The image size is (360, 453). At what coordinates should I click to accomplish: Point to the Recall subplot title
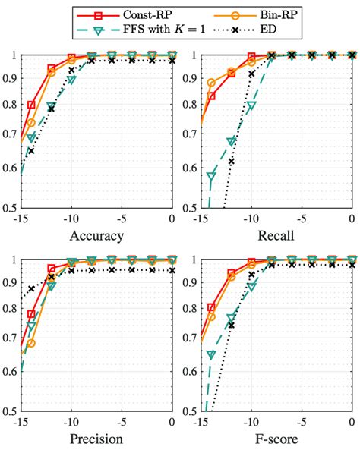[x=276, y=236]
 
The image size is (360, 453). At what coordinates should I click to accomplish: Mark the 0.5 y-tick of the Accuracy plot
[x=11, y=207]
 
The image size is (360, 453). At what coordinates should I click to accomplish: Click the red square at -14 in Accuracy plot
[x=31, y=105]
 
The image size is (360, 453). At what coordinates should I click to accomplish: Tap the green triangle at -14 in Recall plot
[x=211, y=177]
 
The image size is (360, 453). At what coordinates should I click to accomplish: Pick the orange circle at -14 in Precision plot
[x=31, y=343]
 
